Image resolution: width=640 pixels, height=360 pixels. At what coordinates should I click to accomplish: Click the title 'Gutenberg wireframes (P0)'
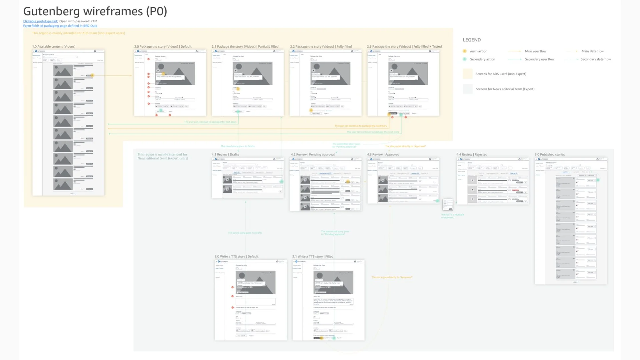coord(95,11)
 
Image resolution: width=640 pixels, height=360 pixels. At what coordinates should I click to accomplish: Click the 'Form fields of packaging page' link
coord(60,26)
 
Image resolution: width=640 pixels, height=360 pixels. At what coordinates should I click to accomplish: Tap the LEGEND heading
coord(472,40)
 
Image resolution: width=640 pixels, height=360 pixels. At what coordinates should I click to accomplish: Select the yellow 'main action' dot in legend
coord(465,51)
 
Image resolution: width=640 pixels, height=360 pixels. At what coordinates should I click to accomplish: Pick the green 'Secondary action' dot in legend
coord(465,59)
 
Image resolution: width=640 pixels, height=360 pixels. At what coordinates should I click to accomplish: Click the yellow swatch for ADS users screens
coord(468,74)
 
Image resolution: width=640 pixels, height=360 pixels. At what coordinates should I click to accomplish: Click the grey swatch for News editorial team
coord(468,89)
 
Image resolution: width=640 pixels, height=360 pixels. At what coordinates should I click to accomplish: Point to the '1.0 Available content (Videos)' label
coord(54,47)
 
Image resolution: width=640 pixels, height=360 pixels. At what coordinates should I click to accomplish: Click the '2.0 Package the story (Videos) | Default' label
coord(163,47)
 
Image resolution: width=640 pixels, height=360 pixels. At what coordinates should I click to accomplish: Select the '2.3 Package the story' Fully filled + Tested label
coord(404,47)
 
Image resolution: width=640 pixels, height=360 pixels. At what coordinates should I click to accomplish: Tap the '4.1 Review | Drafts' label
coord(225,154)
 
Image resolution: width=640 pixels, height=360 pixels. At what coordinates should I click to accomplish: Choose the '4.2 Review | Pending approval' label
coord(312,154)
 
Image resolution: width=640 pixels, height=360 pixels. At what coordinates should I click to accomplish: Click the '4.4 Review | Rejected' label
coord(472,154)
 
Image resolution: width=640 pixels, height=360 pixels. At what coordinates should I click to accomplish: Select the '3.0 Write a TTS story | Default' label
coord(236,256)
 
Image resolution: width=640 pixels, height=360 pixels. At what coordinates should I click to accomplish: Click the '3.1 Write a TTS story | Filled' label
coord(313,256)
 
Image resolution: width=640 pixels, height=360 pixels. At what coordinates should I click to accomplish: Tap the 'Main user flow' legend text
coord(535,51)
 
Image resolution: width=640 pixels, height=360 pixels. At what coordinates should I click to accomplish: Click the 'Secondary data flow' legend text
coord(595,59)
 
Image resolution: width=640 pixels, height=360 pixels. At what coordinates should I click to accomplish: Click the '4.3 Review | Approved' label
coord(383,154)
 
